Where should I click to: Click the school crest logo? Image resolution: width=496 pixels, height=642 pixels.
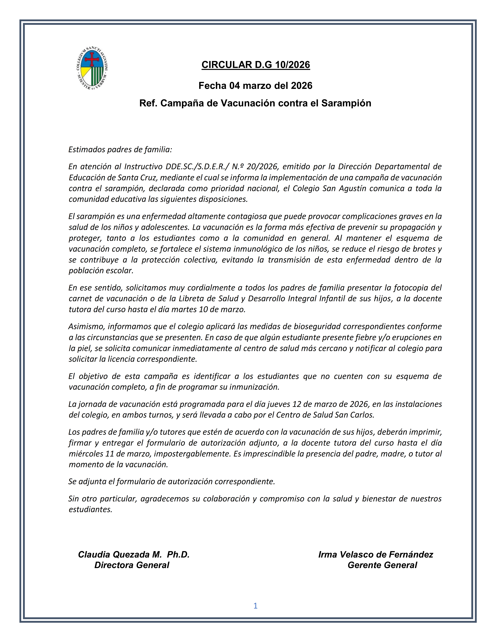tap(92, 68)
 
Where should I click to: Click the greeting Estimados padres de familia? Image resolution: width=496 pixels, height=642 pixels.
tap(120, 150)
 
